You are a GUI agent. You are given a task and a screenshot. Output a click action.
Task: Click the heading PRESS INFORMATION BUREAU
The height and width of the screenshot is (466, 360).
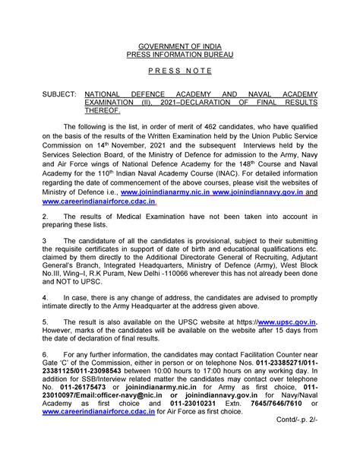coord(180,54)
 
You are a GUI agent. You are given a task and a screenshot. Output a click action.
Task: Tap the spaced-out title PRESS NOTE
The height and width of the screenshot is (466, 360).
coord(180,76)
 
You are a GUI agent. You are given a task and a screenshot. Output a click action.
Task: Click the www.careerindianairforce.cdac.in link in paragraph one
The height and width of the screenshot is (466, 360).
coord(99,201)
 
